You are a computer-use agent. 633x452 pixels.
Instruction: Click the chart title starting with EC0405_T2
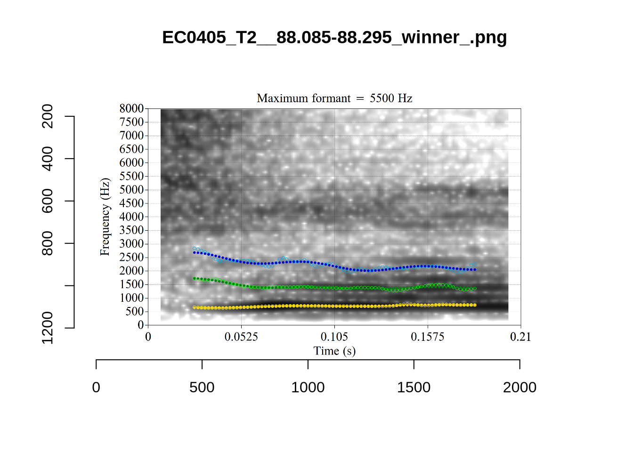pos(334,37)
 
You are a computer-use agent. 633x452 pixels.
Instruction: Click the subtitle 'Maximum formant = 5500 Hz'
pos(334,98)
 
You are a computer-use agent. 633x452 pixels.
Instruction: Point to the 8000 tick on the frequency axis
pos(131,109)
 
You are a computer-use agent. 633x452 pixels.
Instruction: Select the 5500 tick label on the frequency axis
pos(131,177)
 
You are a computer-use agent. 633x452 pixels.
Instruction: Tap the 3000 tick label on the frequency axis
pos(131,244)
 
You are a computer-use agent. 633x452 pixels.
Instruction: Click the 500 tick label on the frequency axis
pos(134,312)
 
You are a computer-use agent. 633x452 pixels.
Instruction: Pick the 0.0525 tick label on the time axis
pos(241,337)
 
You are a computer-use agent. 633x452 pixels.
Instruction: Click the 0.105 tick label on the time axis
pos(334,337)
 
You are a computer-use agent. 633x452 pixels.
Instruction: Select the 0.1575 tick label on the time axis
pos(428,337)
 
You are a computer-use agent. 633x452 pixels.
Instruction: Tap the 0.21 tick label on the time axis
pos(520,337)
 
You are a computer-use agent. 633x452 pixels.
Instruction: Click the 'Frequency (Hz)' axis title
pos(105,217)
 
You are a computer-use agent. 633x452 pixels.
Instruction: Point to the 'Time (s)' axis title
pos(334,351)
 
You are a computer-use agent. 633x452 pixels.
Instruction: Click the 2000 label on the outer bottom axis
pos(519,387)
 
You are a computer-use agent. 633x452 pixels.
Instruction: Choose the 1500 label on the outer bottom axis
pos(414,387)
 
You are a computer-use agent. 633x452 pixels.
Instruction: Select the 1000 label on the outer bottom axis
pos(308,387)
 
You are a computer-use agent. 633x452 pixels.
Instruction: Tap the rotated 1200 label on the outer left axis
pos(48,328)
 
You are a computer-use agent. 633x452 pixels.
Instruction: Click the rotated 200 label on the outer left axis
pos(48,116)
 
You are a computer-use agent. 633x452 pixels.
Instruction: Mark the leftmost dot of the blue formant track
pos(195,252)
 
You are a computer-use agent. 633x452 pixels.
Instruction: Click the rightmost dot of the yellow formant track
pos(475,305)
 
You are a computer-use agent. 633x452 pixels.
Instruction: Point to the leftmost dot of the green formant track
pos(195,279)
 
